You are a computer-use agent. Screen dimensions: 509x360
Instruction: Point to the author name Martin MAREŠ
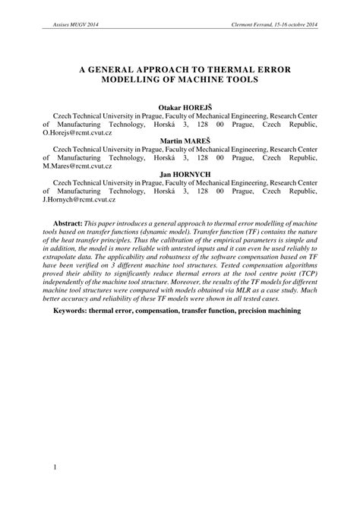(180, 141)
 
